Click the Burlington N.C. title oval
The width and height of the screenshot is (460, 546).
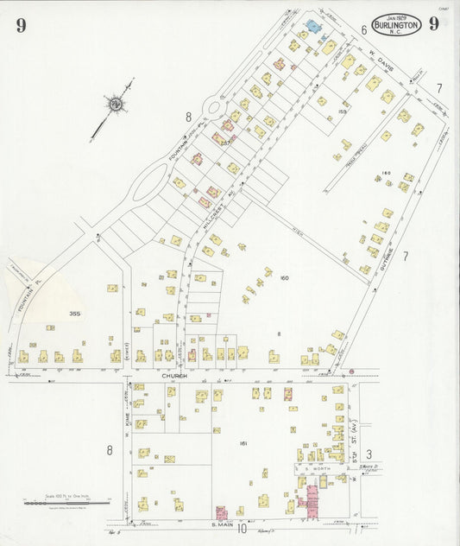[397, 25]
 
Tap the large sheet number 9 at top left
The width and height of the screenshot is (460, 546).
[21, 25]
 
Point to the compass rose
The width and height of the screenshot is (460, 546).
[113, 105]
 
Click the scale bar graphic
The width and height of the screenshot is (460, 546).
[66, 502]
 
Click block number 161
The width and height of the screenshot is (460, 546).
[244, 444]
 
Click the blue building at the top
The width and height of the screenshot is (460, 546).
[312, 27]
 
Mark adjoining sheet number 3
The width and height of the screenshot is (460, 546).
[369, 454]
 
